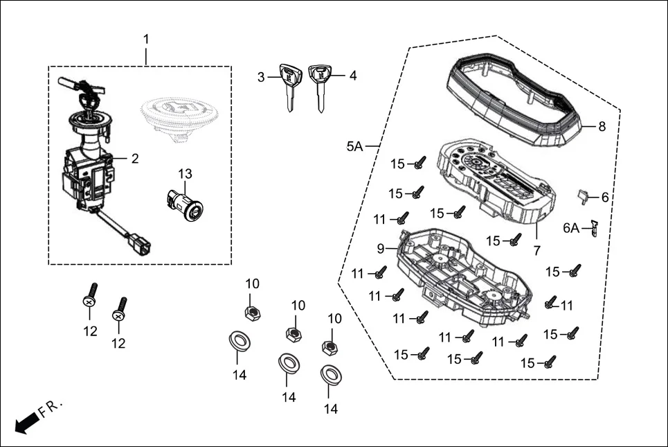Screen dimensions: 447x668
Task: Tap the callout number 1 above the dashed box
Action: click(x=146, y=38)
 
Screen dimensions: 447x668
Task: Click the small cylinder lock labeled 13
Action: click(x=184, y=204)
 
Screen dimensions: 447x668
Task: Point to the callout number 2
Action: click(x=135, y=159)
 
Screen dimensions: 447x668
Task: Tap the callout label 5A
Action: click(x=354, y=146)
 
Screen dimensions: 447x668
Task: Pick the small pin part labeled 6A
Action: click(x=593, y=229)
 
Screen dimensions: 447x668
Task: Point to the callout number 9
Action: click(x=381, y=248)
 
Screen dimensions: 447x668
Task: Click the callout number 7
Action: click(x=537, y=249)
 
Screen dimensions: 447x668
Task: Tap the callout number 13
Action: click(x=184, y=173)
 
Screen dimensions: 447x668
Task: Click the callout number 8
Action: click(x=602, y=127)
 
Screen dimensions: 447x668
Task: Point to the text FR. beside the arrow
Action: click(x=51, y=408)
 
